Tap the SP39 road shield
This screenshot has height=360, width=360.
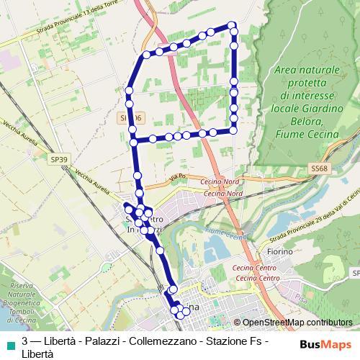59,158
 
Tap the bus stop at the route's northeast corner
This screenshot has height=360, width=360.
233,26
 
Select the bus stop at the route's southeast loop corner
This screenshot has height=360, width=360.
235,130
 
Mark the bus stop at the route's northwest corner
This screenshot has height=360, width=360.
146,54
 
